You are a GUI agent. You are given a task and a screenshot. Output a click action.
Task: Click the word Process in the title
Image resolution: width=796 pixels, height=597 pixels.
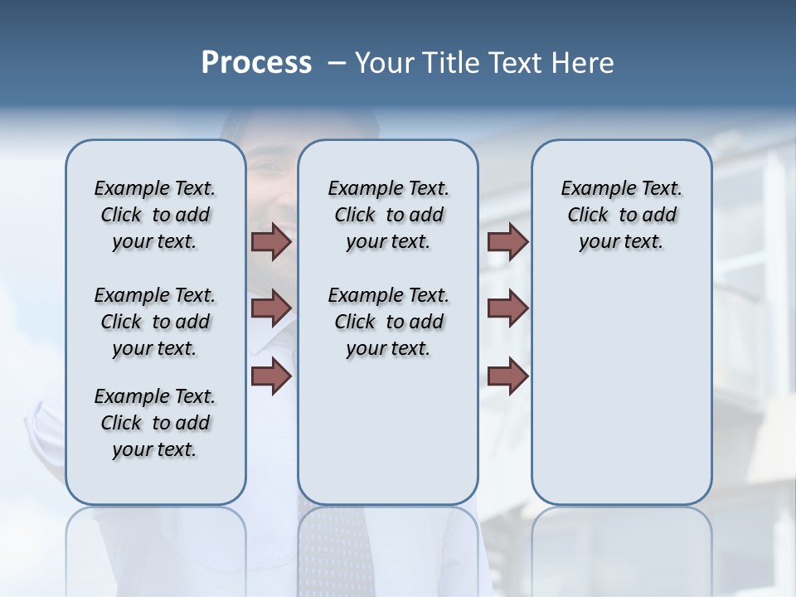(x=256, y=63)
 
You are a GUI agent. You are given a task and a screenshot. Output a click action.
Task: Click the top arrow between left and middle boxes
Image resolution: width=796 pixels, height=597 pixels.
(x=271, y=241)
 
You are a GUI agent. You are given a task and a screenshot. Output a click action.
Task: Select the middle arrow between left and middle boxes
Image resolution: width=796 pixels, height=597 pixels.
(x=271, y=308)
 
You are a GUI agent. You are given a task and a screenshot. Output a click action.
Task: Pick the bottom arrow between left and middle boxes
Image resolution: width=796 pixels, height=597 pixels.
(x=271, y=376)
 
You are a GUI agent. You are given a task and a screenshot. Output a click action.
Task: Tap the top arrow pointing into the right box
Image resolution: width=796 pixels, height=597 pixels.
(x=507, y=241)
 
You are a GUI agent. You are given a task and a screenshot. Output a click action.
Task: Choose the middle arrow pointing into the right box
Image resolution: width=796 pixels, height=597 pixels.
(x=507, y=308)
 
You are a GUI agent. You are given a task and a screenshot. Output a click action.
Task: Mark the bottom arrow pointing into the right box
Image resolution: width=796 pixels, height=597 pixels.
(x=507, y=376)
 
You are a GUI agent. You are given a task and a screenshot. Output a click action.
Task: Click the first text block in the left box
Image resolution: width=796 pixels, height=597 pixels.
(x=155, y=215)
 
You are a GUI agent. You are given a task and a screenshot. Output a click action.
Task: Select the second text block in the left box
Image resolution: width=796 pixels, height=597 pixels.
(x=155, y=322)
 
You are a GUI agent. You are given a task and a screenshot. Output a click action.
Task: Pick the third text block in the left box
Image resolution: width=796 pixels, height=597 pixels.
(x=155, y=423)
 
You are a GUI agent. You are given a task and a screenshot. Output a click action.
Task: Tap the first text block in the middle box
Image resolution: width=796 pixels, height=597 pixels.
(x=388, y=215)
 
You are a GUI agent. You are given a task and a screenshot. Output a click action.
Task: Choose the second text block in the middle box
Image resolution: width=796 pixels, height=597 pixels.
(x=388, y=322)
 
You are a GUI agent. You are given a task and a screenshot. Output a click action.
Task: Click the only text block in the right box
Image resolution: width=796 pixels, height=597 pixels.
(x=622, y=215)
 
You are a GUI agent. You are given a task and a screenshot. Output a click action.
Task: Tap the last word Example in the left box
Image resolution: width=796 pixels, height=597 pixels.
(x=125, y=396)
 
